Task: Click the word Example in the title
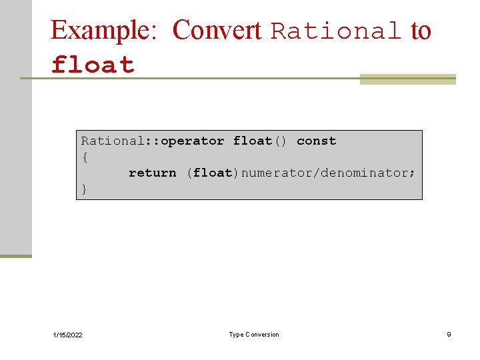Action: pos(103,31)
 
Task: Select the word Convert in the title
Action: pos(217,30)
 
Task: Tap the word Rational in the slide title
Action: pos(337,31)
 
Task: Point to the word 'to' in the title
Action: pos(421,31)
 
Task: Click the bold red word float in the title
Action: pos(93,65)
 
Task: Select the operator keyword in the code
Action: pos(193,141)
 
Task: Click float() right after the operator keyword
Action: pos(260,141)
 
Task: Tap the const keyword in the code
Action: pos(316,141)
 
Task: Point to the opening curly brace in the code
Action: pos(85,157)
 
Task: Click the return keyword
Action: pos(153,173)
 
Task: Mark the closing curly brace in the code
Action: pos(85,189)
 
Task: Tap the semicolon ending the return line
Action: pos(412,173)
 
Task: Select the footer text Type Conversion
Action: pos(254,334)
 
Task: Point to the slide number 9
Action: pos(449,334)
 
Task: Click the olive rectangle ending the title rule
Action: pos(407,79)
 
